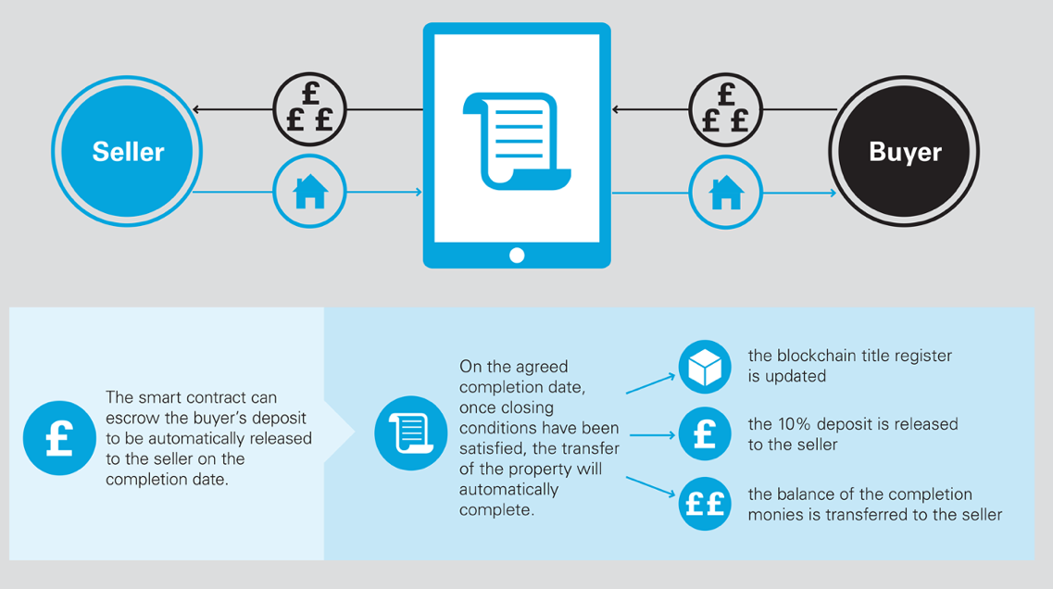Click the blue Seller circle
tap(128, 152)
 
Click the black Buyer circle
tap(905, 152)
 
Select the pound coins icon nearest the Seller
tap(309, 109)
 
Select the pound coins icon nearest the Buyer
tap(725, 109)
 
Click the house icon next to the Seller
tap(309, 193)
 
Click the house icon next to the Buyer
tap(725, 193)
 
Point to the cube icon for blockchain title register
tap(705, 367)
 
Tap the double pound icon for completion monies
tap(705, 503)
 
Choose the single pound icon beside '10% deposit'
tap(705, 434)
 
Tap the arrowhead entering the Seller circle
tap(197, 109)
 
